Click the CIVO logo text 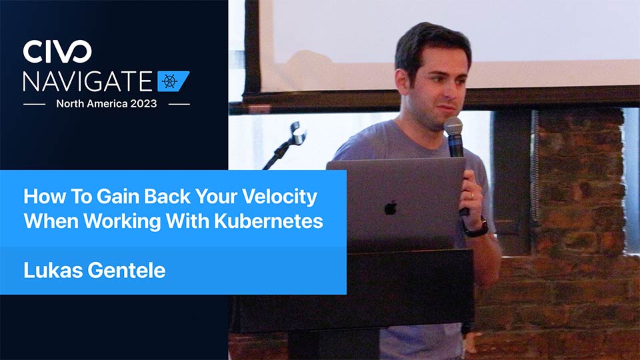pos(57,51)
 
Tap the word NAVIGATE pos(88,81)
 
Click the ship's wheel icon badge pos(173,81)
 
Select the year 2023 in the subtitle pos(143,104)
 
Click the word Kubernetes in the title pos(269,221)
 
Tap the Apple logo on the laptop pos(391,208)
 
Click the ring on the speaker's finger pos(472,195)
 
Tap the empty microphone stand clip pos(298,133)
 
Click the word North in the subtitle pos(69,104)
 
